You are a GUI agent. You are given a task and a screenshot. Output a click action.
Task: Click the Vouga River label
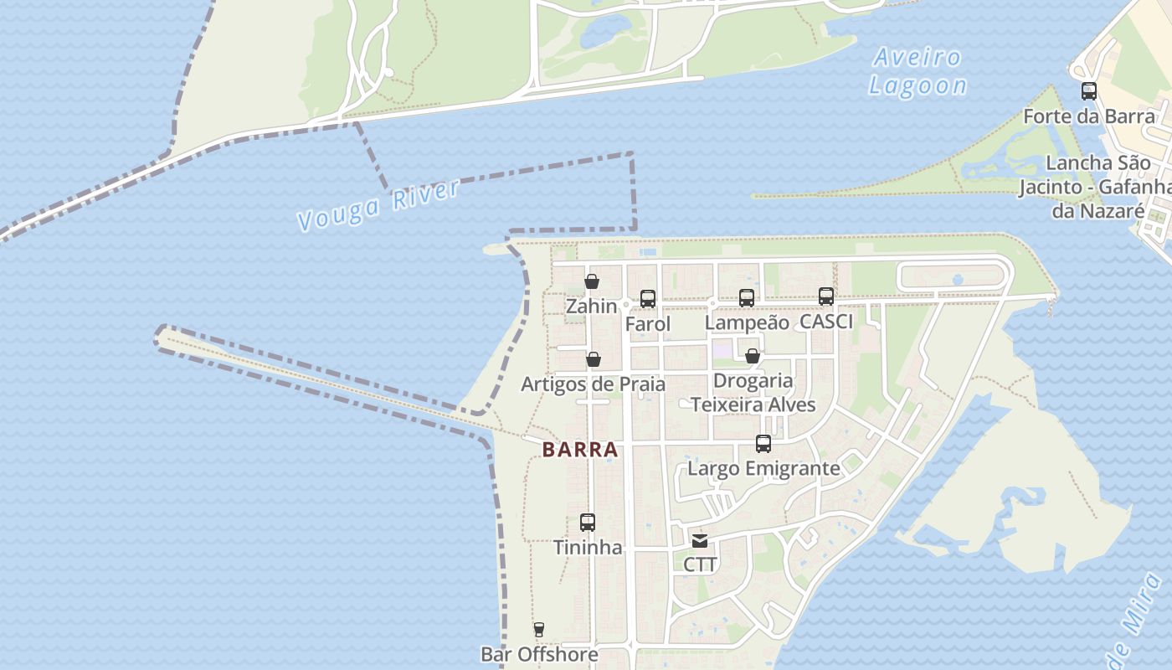click(x=378, y=205)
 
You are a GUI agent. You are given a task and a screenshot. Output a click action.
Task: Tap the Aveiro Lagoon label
click(x=918, y=71)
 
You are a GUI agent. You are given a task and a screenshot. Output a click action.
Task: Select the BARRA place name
click(x=580, y=450)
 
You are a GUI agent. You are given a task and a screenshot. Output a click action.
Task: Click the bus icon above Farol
click(x=648, y=298)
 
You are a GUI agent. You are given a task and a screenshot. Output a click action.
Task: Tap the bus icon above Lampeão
click(x=747, y=297)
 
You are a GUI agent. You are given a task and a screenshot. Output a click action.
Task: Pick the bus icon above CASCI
click(x=826, y=296)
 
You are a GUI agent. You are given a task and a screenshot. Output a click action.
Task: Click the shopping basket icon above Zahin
click(x=592, y=281)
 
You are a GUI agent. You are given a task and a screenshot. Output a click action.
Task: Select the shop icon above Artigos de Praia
click(x=594, y=359)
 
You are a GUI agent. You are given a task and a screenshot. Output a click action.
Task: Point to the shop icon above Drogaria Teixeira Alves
click(x=753, y=356)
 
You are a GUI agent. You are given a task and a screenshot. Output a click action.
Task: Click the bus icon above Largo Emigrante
click(x=763, y=444)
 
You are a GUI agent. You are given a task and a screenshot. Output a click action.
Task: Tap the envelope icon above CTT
click(x=700, y=540)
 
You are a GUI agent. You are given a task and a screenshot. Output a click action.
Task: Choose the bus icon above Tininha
click(x=588, y=523)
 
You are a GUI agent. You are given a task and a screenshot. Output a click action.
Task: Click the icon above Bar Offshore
click(x=539, y=630)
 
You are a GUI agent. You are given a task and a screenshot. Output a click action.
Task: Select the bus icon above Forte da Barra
click(x=1089, y=91)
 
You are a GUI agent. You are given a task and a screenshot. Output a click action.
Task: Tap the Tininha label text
click(x=588, y=548)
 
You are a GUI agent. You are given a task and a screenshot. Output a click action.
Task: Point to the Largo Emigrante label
click(x=763, y=468)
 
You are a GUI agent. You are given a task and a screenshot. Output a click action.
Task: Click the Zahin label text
click(x=592, y=307)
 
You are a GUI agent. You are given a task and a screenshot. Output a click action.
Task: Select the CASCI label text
click(x=826, y=322)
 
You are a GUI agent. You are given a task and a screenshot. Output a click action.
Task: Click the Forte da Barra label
click(x=1089, y=116)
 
